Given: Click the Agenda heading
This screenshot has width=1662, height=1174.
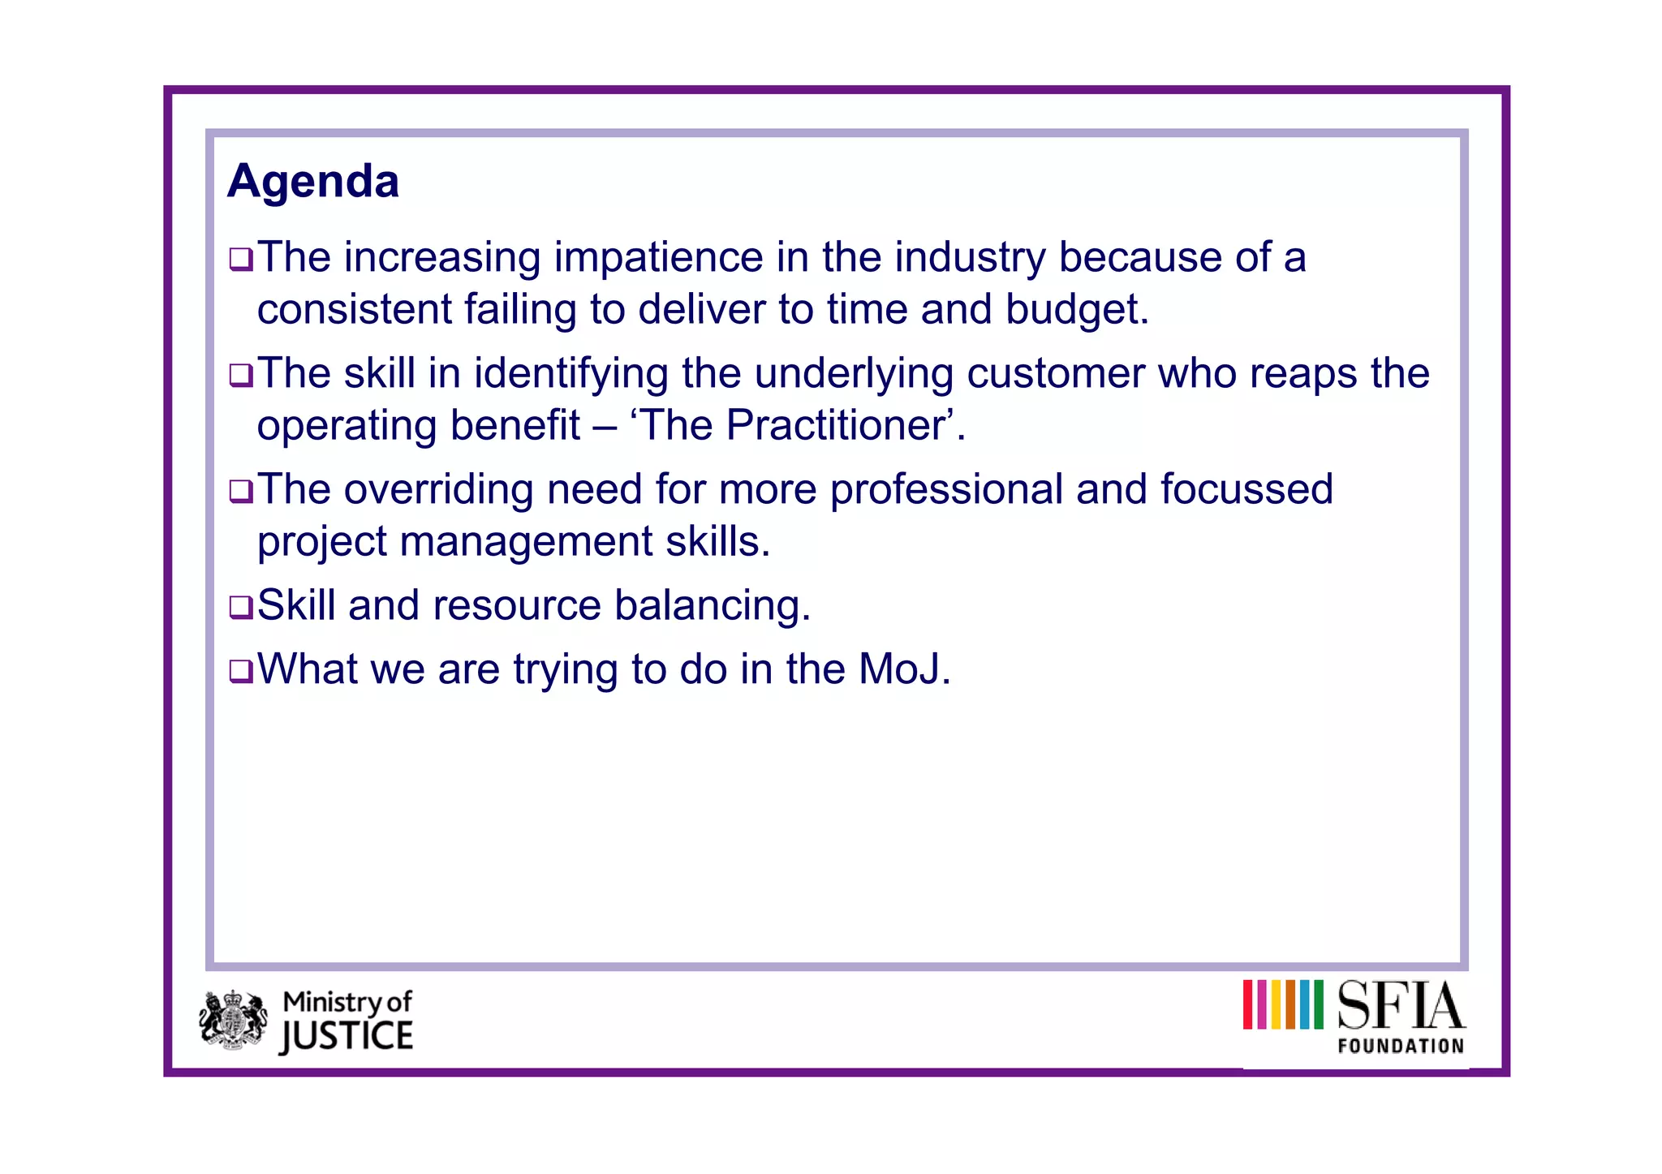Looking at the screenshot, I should (x=313, y=181).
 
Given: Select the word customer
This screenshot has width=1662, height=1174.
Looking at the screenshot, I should (x=1056, y=374).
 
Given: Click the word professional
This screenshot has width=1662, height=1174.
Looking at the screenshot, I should (x=946, y=490).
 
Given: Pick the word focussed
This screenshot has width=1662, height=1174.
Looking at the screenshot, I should (x=1246, y=490).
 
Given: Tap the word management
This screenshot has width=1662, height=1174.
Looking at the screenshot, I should (x=526, y=542).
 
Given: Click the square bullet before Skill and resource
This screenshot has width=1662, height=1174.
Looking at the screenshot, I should (x=241, y=607).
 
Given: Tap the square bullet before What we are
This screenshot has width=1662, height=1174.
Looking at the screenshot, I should (x=241, y=671).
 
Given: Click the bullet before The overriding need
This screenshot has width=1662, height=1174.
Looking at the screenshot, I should (x=241, y=491).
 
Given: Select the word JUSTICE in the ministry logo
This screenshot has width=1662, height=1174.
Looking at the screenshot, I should (x=347, y=1037).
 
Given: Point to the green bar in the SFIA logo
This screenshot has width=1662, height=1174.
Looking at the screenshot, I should (x=1318, y=1004).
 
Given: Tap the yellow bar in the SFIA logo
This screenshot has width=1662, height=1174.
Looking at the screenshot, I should (x=1277, y=1004).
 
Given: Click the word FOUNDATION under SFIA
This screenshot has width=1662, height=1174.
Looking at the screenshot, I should (x=1401, y=1047).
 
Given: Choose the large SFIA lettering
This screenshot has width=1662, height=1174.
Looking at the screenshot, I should (x=1401, y=1006).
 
